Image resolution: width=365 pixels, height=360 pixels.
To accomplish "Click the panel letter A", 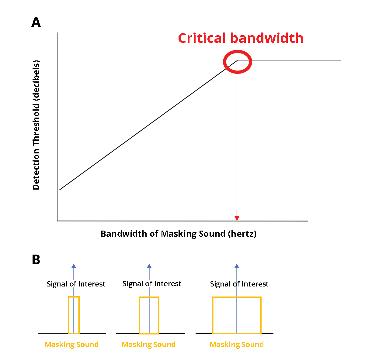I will [36, 22].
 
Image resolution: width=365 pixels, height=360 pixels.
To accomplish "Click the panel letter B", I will [36, 260].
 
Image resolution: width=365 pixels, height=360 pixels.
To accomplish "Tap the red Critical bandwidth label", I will [241, 38].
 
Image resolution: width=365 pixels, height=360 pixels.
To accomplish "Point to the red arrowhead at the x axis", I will [237, 218].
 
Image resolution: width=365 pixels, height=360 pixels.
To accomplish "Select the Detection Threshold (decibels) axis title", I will [36, 125].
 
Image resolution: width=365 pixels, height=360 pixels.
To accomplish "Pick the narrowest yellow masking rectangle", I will [74, 315].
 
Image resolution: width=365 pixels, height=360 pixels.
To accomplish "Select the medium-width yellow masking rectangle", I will [149, 315].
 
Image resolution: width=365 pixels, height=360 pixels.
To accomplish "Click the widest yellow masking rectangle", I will [237, 315].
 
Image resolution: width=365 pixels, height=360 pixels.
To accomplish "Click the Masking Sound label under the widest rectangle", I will [237, 345].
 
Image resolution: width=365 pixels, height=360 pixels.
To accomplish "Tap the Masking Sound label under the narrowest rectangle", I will [71, 345].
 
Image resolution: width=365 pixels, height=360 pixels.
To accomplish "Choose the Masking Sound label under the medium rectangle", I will [148, 345].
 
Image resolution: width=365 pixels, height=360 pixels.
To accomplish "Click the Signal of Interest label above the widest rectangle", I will [239, 284].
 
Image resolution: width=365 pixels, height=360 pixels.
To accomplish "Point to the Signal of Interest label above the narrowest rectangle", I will [76, 284].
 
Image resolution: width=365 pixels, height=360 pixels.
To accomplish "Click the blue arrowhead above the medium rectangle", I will [149, 266].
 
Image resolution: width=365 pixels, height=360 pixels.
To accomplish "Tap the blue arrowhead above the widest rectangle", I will [237, 266].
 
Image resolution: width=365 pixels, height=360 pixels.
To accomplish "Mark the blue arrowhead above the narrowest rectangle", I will [74, 266].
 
